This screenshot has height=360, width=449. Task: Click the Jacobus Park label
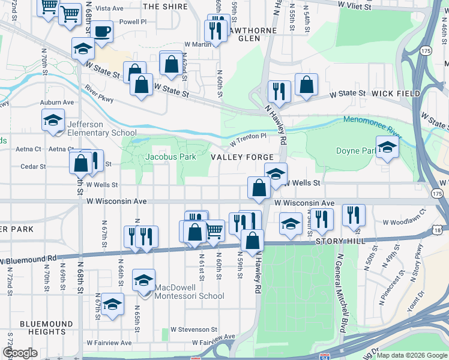[171, 157]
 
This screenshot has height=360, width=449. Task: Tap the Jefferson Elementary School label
[101, 128]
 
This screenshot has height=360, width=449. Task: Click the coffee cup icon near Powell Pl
[101, 31]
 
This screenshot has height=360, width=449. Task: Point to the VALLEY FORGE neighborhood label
[243, 157]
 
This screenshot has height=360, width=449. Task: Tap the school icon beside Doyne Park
[387, 148]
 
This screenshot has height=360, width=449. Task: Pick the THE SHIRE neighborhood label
[166, 7]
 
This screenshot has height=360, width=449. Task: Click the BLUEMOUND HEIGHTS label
[41, 328]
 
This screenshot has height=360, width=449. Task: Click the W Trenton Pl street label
[249, 140]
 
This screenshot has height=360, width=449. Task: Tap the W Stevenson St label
[193, 329]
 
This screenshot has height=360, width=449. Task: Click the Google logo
[20, 353]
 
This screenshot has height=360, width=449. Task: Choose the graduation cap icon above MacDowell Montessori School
[143, 280]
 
